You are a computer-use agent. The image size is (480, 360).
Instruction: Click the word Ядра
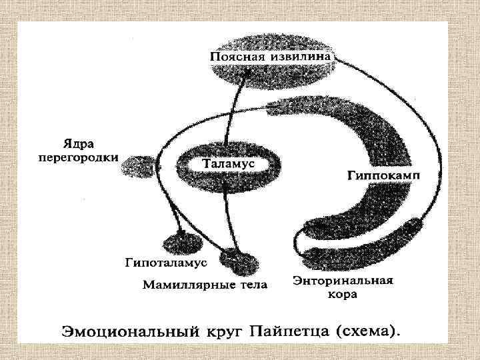point(78,143)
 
